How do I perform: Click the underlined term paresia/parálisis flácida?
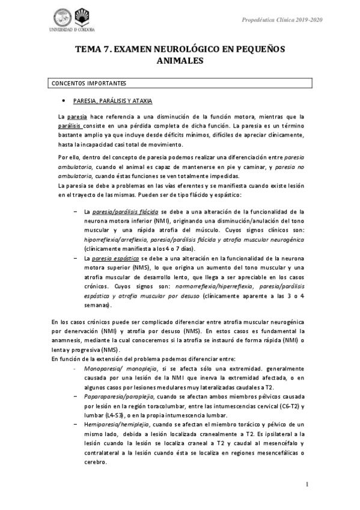pyautogui.click(x=126, y=212)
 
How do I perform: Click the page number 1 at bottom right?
pyautogui.click(x=307, y=484)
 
